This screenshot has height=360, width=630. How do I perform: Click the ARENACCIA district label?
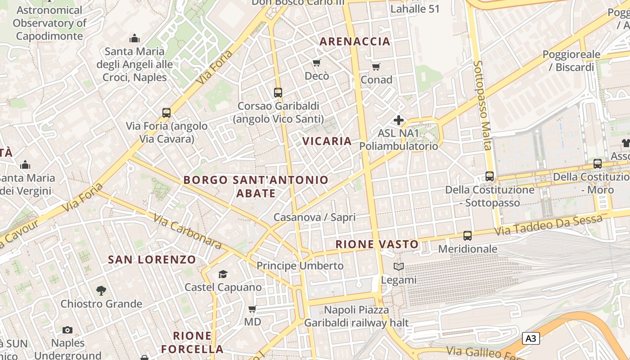pyautogui.click(x=355, y=41)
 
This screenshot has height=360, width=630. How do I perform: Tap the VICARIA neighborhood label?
pyautogui.click(x=327, y=141)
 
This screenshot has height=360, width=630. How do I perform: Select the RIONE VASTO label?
pyautogui.click(x=377, y=244)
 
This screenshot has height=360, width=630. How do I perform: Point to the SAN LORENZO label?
pyautogui.click(x=152, y=260)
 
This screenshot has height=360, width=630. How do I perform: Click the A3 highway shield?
pyautogui.click(x=531, y=338)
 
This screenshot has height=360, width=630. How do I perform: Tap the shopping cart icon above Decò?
pyautogui.click(x=317, y=63)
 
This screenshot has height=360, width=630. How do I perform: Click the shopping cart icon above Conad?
pyautogui.click(x=376, y=67)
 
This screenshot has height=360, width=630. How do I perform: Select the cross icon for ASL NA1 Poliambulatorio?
pyautogui.click(x=399, y=120)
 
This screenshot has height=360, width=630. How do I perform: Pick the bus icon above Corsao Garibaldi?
pyautogui.click(x=278, y=93)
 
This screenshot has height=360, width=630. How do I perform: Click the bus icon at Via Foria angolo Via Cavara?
pyautogui.click(x=166, y=113)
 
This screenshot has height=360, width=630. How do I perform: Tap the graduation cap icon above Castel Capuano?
pyautogui.click(x=223, y=274)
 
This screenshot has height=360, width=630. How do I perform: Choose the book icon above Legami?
pyautogui.click(x=399, y=266)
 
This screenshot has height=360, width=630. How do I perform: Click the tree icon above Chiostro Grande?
pyautogui.click(x=101, y=291)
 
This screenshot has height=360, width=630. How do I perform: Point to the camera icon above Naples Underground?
pyautogui.click(x=67, y=330)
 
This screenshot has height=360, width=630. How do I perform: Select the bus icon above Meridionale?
pyautogui.click(x=468, y=235)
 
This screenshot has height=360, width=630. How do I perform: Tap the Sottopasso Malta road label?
pyautogui.click(x=482, y=105)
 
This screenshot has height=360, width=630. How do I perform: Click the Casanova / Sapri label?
pyautogui.click(x=315, y=217)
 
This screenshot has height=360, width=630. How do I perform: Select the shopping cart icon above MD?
pyautogui.click(x=252, y=309)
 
